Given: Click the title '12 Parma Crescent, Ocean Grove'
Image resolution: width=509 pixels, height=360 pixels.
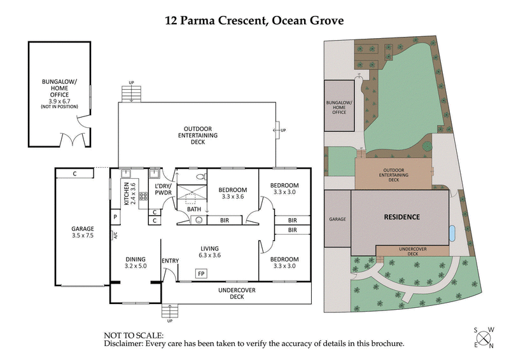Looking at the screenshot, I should click(254, 20).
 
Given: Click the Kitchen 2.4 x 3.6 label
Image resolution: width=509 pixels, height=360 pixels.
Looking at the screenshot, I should click(130, 195).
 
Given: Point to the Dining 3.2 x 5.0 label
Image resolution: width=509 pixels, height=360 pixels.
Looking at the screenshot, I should click(136, 263).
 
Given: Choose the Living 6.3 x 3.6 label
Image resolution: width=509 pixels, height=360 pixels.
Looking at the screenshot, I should click(209, 252).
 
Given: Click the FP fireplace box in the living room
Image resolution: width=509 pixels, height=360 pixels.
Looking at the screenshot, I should click(201, 273).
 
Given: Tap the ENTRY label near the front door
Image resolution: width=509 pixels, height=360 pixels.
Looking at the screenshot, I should click(170, 260).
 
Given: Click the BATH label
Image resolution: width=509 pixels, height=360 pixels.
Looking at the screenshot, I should click(193, 209).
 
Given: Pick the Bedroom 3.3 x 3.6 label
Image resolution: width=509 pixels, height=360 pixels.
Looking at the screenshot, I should click(232, 193).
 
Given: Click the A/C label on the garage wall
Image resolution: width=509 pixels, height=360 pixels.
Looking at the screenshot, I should click(115, 235).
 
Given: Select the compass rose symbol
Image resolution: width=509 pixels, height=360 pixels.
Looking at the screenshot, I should click(484, 337).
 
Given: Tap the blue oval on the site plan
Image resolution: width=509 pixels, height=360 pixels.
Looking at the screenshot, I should click(452, 233).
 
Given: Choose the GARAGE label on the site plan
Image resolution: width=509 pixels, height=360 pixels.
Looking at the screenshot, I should click(337, 219).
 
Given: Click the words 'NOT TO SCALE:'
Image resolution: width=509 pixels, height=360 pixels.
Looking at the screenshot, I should click(134, 335).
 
